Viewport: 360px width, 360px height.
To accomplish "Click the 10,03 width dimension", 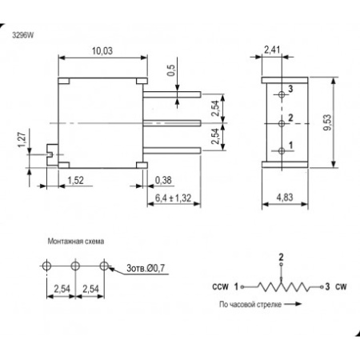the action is [x=102, y=50].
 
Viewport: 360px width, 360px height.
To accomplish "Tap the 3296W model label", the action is [x=23, y=35].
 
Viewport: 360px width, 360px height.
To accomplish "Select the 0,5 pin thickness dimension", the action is [x=171, y=70].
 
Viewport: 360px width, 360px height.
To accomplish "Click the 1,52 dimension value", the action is [x=75, y=180].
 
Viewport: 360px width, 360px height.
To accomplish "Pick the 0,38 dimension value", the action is [x=163, y=180].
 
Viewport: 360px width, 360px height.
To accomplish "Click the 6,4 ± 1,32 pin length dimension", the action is [x=174, y=198].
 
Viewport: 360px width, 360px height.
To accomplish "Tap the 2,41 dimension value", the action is [x=272, y=50].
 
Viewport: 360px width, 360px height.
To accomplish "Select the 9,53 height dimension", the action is [x=327, y=122].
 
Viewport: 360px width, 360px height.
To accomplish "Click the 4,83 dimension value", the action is [x=285, y=198].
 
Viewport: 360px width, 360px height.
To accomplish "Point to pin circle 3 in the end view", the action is [x=282, y=94].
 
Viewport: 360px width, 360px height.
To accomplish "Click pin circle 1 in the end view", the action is [x=282, y=151].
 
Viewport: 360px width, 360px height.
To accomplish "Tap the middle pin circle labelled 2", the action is [x=282, y=123].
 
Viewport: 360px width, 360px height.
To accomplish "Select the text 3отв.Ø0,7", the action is [x=146, y=268].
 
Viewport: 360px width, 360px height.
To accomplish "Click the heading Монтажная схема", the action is [x=76, y=242].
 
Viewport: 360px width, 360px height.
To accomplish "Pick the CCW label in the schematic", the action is [x=220, y=287].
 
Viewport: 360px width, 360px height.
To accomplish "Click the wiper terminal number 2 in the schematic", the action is [x=281, y=257].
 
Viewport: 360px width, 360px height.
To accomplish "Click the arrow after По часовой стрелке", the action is [x=293, y=304].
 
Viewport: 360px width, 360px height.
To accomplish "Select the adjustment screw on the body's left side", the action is [x=52, y=154].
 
